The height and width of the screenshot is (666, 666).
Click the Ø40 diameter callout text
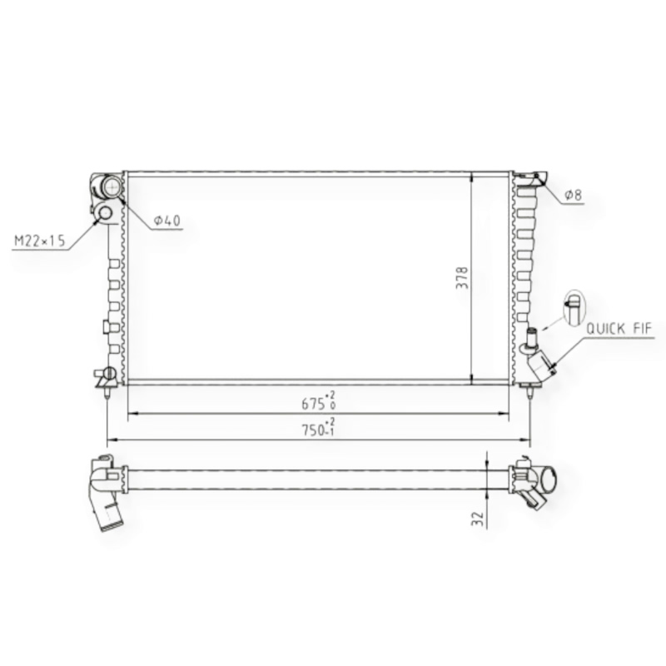(x=167, y=221)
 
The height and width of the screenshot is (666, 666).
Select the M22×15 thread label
(x=40, y=241)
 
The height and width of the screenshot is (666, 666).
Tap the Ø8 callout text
(x=573, y=195)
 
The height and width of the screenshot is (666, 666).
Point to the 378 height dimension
(x=462, y=278)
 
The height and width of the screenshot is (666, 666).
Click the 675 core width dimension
(x=319, y=402)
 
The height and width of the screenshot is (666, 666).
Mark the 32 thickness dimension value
(x=478, y=519)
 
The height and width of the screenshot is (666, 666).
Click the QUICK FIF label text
(x=619, y=328)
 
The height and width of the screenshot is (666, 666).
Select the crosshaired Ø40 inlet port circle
(x=112, y=186)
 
